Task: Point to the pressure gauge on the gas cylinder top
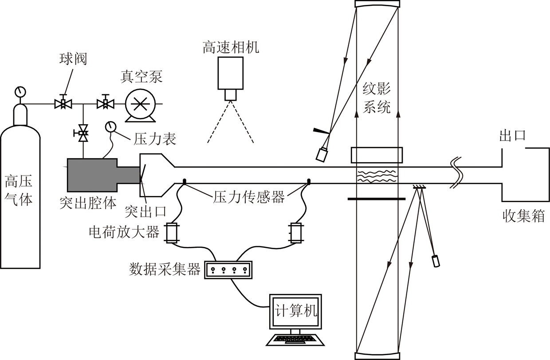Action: pyautogui.click(x=20, y=92)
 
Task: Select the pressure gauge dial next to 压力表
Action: pyautogui.click(x=110, y=127)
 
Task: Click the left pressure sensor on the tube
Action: pyautogui.click(x=184, y=182)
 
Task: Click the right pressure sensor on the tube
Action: pyautogui.click(x=308, y=182)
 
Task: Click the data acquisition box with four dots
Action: pyautogui.click(x=228, y=270)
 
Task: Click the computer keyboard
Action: pyautogui.click(x=295, y=340)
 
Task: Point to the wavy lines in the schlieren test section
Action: pyautogui.click(x=377, y=176)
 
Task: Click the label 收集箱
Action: pyautogui.click(x=523, y=216)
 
